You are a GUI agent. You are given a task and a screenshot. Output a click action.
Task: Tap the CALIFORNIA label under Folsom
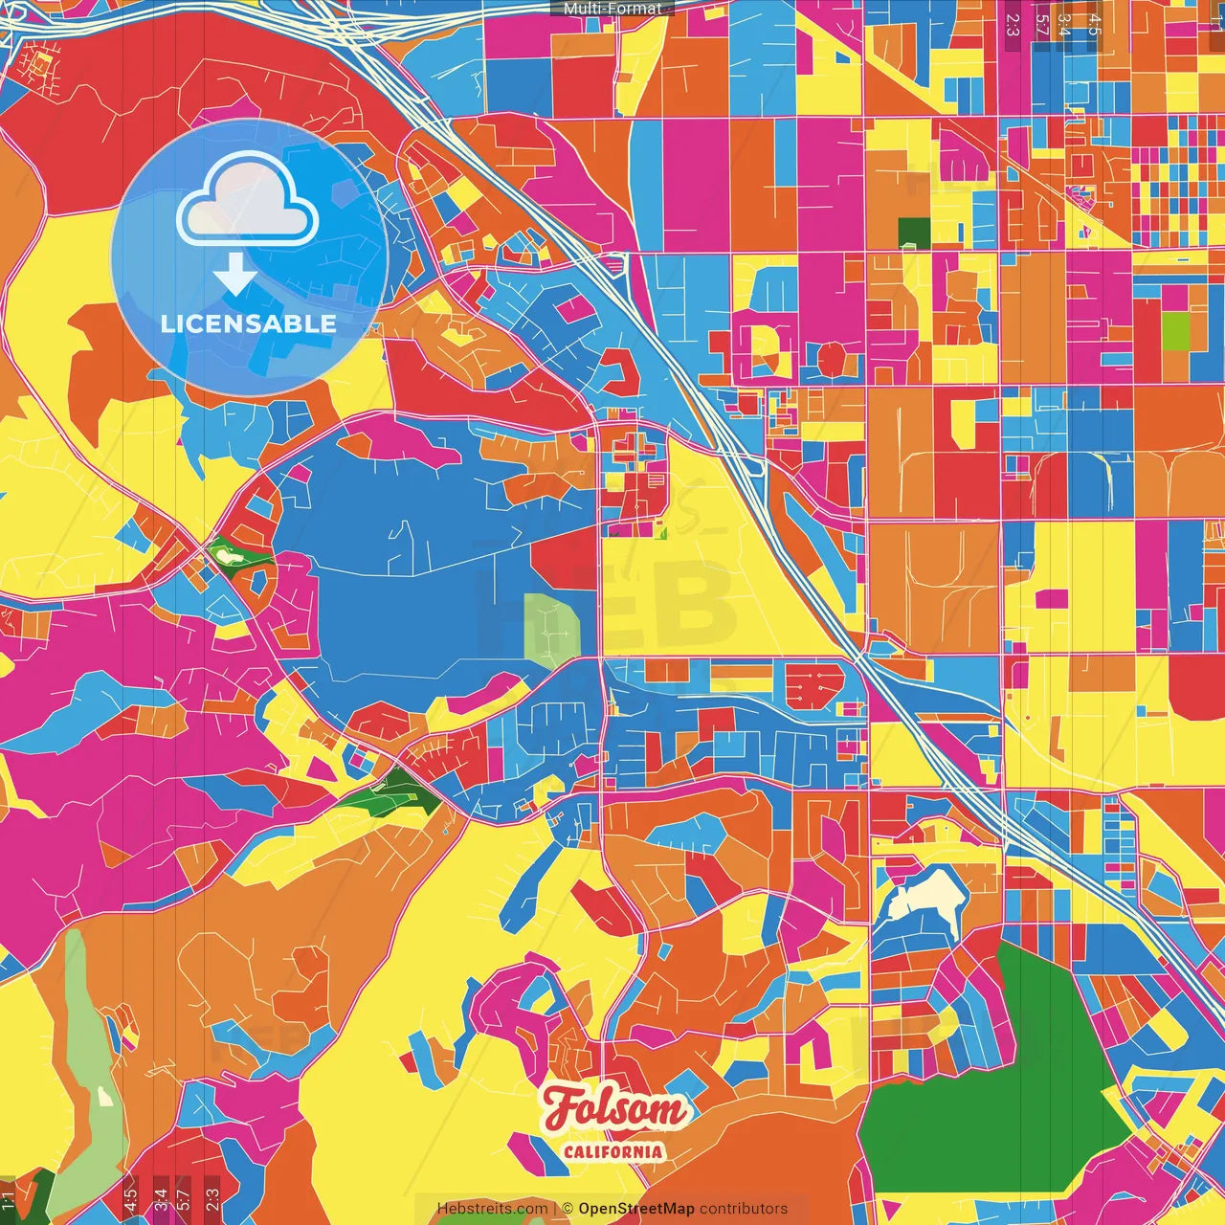coord(613,1151)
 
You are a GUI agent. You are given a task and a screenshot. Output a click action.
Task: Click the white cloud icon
coord(248,200)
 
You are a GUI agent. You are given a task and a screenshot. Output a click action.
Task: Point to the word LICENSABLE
coord(249,323)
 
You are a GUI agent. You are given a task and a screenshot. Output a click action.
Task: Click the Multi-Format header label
coord(612,9)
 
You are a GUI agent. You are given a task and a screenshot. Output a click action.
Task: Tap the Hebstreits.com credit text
coord(492,1209)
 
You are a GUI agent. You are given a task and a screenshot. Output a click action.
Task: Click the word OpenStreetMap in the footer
coord(636,1209)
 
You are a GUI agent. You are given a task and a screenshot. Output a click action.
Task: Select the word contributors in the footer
coord(744,1209)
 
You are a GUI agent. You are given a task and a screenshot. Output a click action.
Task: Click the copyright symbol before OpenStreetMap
coord(568,1209)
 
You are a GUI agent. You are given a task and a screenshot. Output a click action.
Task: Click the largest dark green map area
coord(986,1081)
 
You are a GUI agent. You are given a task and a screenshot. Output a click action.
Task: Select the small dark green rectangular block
coord(915,232)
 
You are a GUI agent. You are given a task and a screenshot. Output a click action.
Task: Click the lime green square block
coord(1175,331)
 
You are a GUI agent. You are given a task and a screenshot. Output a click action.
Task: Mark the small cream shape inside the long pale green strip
coord(104,1095)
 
